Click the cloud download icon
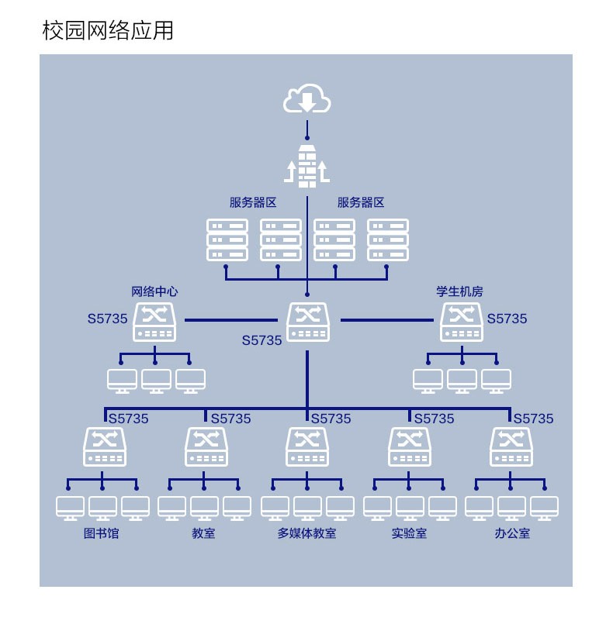[x=306, y=98]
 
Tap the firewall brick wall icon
[x=306, y=167]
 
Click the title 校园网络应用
[x=108, y=30]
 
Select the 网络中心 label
[x=154, y=291]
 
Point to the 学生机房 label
[x=459, y=291]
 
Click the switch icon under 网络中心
[x=154, y=322]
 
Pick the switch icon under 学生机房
[x=462, y=322]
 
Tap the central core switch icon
[x=308, y=322]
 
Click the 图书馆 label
[x=101, y=533]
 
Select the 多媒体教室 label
[x=306, y=533]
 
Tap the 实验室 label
[x=409, y=533]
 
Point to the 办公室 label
[x=512, y=533]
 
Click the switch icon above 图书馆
[x=105, y=446]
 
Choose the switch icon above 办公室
[x=511, y=446]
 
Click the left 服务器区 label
[x=253, y=202]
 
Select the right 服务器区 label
[x=361, y=202]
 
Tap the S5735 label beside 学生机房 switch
[x=507, y=319]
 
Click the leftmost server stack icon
[x=227, y=240]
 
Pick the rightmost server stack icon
[x=388, y=240]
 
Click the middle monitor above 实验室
[x=410, y=509]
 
